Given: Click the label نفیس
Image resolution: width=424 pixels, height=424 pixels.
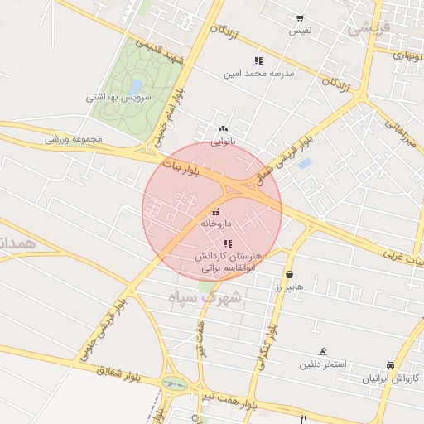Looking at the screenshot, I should tap(300, 31).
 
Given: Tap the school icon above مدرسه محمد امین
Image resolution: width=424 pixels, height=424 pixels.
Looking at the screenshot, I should tap(258, 60).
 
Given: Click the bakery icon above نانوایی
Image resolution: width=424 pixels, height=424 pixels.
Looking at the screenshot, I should tap(222, 128).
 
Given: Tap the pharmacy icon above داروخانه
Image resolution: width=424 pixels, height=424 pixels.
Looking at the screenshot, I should tap(217, 210).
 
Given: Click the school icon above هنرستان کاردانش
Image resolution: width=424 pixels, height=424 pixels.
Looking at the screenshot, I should tap(227, 243).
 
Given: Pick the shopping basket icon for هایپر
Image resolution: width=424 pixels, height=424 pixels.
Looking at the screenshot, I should tap(289, 274).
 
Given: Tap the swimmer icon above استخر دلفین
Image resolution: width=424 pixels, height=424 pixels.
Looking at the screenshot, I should tap(322, 351).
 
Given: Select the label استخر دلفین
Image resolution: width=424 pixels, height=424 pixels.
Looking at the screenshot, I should tap(328, 364).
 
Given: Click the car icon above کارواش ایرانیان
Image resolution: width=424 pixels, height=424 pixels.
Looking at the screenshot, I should tap(390, 365).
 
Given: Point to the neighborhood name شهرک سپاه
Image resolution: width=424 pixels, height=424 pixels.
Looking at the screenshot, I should tap(207, 299).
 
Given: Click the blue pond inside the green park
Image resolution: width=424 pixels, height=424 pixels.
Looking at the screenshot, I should tap(135, 86).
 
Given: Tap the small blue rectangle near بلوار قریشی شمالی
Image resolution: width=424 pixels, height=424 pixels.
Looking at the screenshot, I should tap(305, 164).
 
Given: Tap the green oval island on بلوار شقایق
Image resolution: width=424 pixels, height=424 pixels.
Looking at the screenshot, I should tap(175, 383).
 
